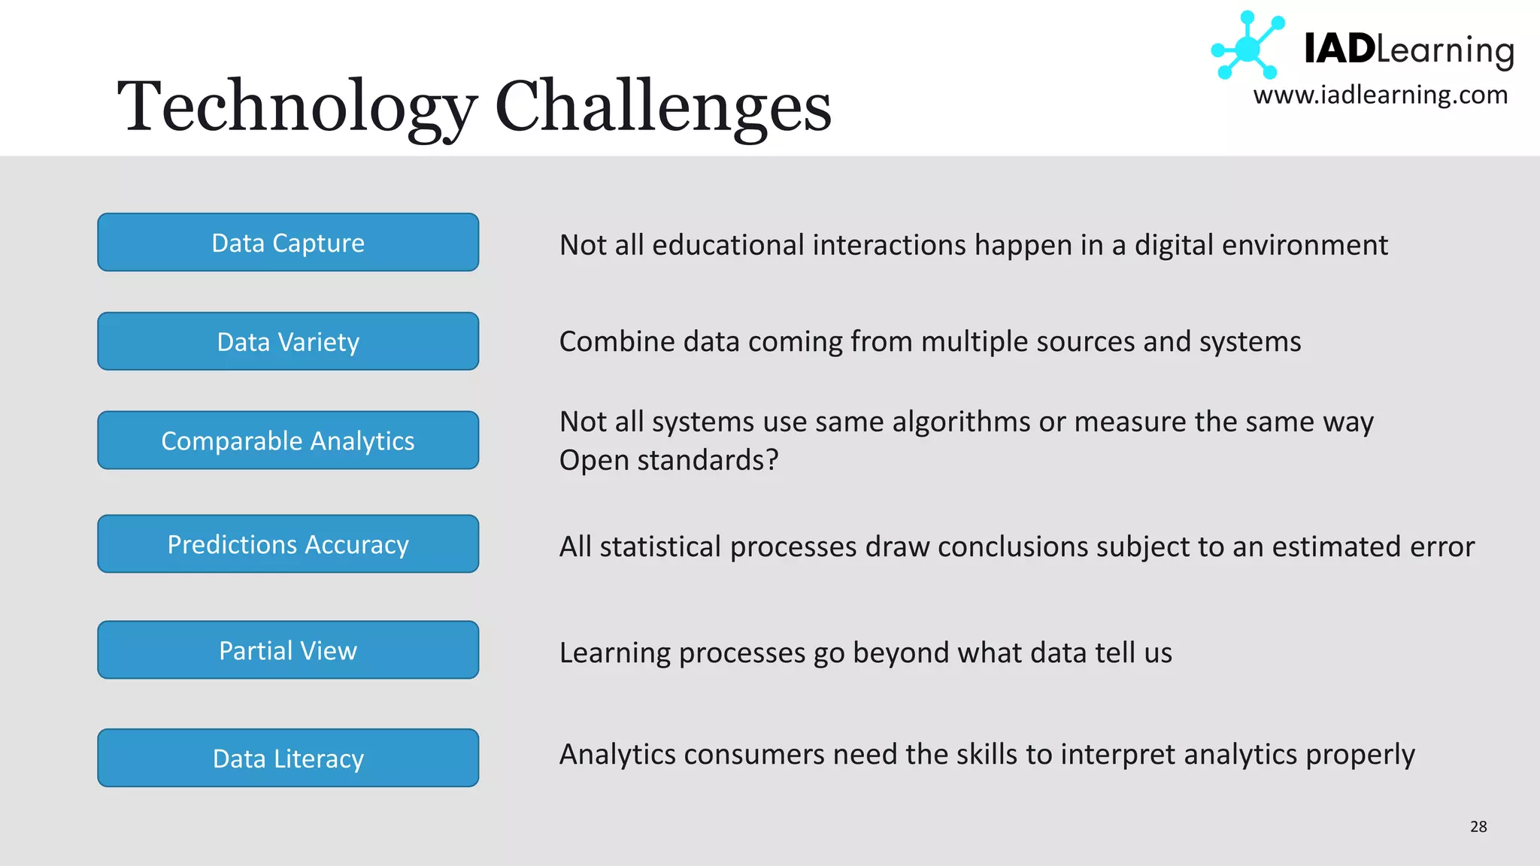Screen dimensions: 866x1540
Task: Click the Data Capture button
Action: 288,242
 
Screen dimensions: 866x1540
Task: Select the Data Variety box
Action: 288,341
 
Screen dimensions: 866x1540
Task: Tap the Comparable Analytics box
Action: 288,441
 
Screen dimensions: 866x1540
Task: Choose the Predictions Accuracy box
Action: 288,544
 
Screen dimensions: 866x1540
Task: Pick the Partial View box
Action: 288,649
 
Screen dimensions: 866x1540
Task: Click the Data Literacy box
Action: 288,758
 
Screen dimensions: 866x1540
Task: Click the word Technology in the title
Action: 297,107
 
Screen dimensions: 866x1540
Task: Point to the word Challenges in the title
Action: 663,107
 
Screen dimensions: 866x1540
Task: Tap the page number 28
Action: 1478,827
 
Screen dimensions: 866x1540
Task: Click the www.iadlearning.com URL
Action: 1381,95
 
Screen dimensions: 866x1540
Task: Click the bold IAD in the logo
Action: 1339,50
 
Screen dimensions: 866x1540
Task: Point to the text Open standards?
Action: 668,460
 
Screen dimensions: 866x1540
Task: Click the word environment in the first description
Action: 1305,245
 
